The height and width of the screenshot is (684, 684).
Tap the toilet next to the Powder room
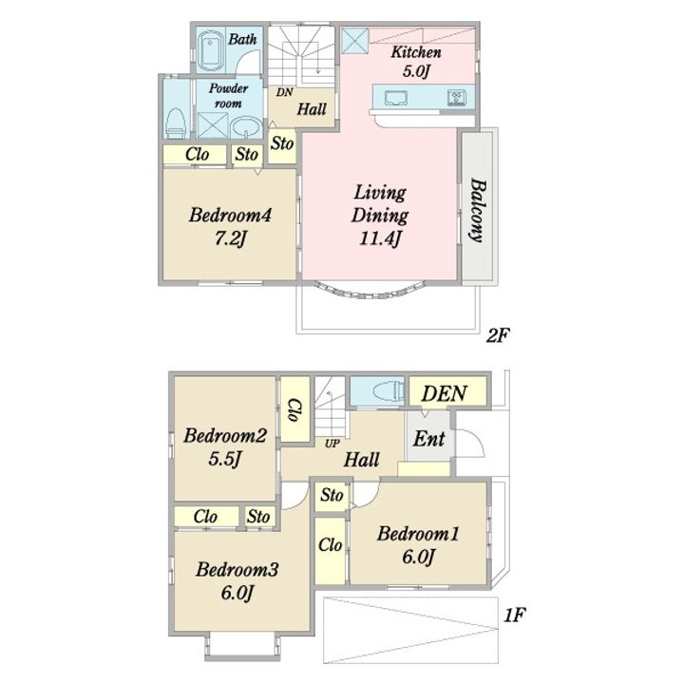[x=177, y=123]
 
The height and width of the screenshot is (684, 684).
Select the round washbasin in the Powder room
[x=246, y=127]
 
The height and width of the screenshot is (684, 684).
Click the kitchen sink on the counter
[x=395, y=98]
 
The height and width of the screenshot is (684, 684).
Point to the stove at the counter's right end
[x=456, y=98]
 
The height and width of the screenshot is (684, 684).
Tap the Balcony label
[x=478, y=210]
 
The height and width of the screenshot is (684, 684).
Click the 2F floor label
[x=498, y=335]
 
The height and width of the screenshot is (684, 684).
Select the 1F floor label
[x=514, y=615]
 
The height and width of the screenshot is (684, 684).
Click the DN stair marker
[x=285, y=92]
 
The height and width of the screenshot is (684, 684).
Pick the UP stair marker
[x=332, y=444]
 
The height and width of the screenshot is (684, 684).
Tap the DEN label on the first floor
[x=444, y=394]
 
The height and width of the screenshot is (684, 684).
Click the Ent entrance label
[x=428, y=439]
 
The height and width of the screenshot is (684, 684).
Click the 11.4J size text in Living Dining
[x=380, y=238]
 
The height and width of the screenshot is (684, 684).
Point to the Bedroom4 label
[x=230, y=215]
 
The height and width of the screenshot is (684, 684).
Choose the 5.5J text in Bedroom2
[x=224, y=459]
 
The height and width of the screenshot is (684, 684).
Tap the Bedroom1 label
[x=418, y=534]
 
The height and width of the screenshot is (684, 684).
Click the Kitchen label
[x=416, y=52]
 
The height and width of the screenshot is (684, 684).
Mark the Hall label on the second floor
[x=312, y=109]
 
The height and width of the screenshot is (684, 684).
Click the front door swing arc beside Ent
[x=476, y=441]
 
